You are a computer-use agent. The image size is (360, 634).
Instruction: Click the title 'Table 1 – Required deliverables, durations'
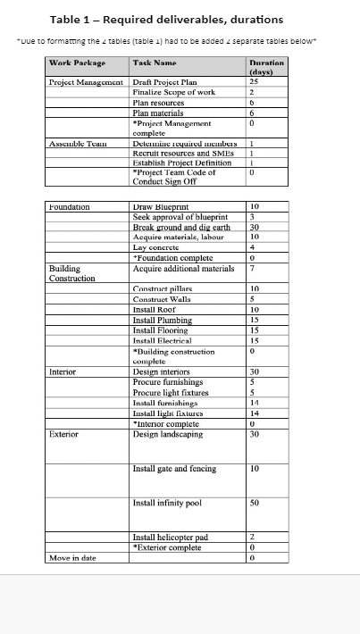(x=166, y=20)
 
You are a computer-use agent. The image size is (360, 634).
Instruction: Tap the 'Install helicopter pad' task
(x=170, y=537)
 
